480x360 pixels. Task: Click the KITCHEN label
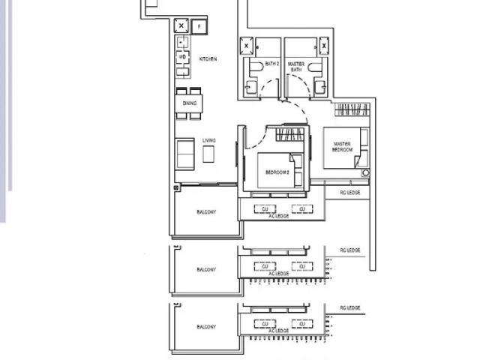(x=208, y=58)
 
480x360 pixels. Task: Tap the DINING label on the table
(x=190, y=103)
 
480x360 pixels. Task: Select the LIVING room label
(x=208, y=140)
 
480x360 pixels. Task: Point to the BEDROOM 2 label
(x=277, y=172)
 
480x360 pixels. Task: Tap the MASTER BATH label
(x=295, y=67)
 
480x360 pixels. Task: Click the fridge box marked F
(x=199, y=26)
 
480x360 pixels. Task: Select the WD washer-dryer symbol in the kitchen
(x=182, y=57)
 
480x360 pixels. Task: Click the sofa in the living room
(x=184, y=153)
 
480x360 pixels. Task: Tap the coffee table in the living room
(x=208, y=154)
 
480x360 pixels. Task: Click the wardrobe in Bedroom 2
(x=290, y=135)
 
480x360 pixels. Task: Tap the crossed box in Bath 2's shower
(x=247, y=46)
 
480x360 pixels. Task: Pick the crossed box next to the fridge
(x=181, y=26)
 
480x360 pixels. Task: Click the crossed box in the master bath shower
(x=323, y=46)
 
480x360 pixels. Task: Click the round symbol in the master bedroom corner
(x=365, y=173)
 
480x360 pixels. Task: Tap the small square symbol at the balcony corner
(x=176, y=187)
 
